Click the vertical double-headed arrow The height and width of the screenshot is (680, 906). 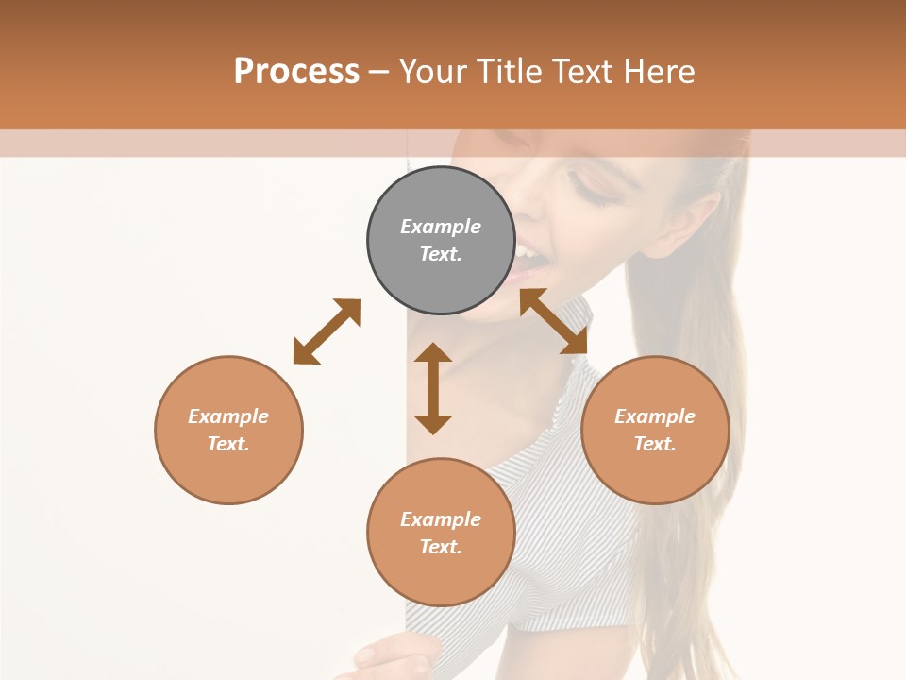click(433, 388)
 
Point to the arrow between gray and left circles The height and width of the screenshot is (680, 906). click(327, 331)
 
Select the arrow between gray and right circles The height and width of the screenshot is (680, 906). click(554, 321)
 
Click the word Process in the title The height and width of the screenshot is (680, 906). click(296, 71)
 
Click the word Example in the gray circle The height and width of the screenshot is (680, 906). click(441, 227)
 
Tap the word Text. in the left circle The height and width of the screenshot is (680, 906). click(228, 444)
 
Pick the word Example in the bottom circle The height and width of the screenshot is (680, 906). click(441, 519)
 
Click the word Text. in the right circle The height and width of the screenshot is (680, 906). click(655, 444)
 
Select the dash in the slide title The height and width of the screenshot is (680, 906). click(378, 72)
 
